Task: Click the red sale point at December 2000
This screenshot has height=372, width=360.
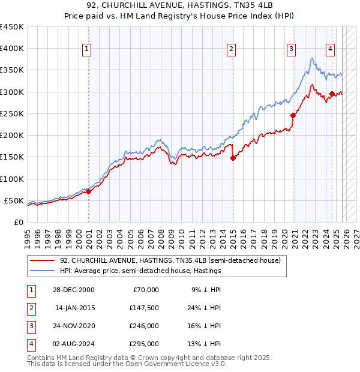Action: click(88, 192)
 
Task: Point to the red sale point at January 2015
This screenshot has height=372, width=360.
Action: click(233, 158)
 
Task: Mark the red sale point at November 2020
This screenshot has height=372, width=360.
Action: click(293, 116)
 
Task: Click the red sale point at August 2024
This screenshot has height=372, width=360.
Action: click(332, 94)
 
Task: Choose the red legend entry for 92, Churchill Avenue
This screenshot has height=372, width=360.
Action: click(170, 260)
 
